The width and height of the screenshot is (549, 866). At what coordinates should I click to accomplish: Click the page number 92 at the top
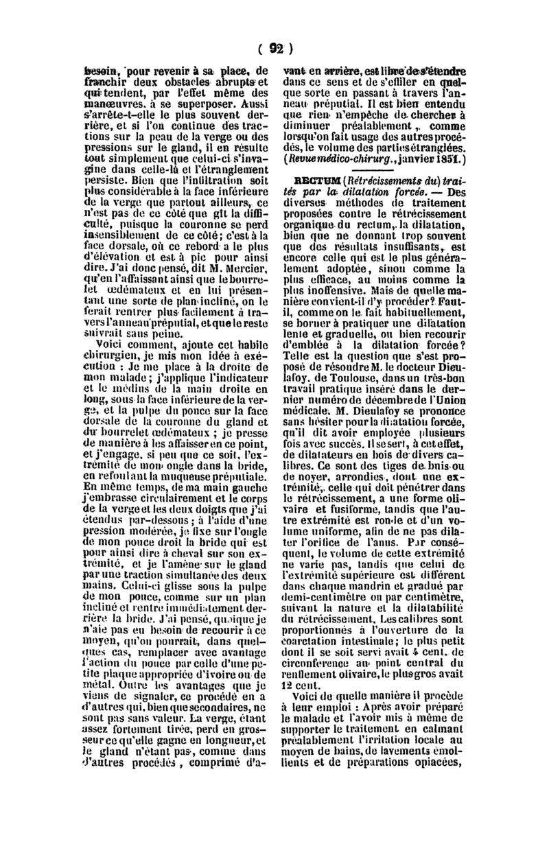click(x=277, y=49)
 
